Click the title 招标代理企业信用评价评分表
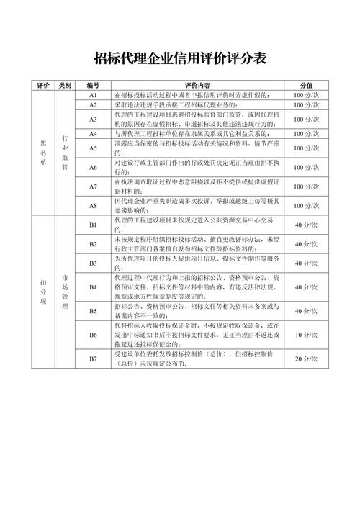180,58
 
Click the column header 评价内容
197,85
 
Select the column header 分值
306,85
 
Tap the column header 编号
93,85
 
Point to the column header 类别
65,85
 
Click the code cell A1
93,95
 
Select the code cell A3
93,119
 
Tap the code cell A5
93,148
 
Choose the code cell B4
93,287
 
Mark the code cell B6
93,335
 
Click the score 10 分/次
306,335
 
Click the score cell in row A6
306,167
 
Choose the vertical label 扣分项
43,292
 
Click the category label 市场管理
65,292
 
